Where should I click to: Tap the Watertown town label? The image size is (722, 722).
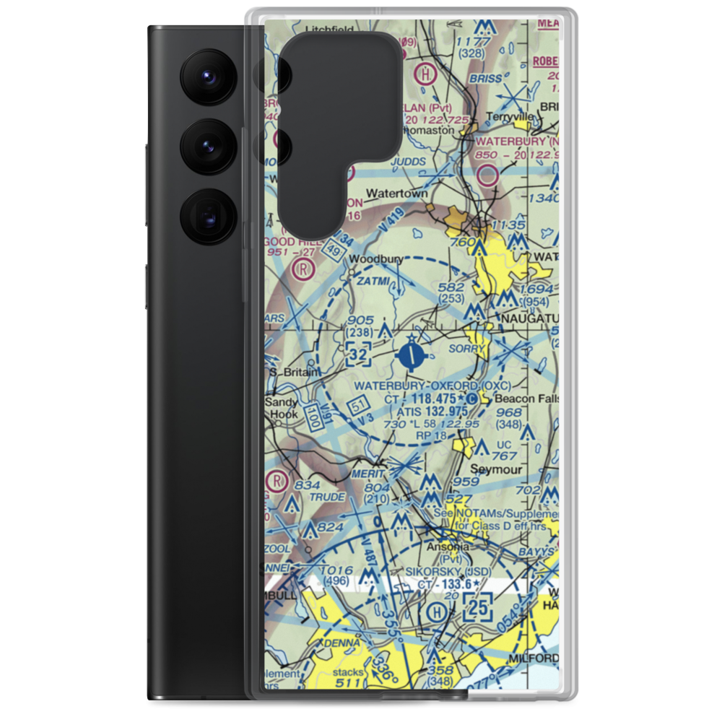396,194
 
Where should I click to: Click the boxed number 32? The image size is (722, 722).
359,354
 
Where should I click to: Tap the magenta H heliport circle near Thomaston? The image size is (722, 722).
428,74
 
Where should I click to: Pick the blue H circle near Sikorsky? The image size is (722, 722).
436,612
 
